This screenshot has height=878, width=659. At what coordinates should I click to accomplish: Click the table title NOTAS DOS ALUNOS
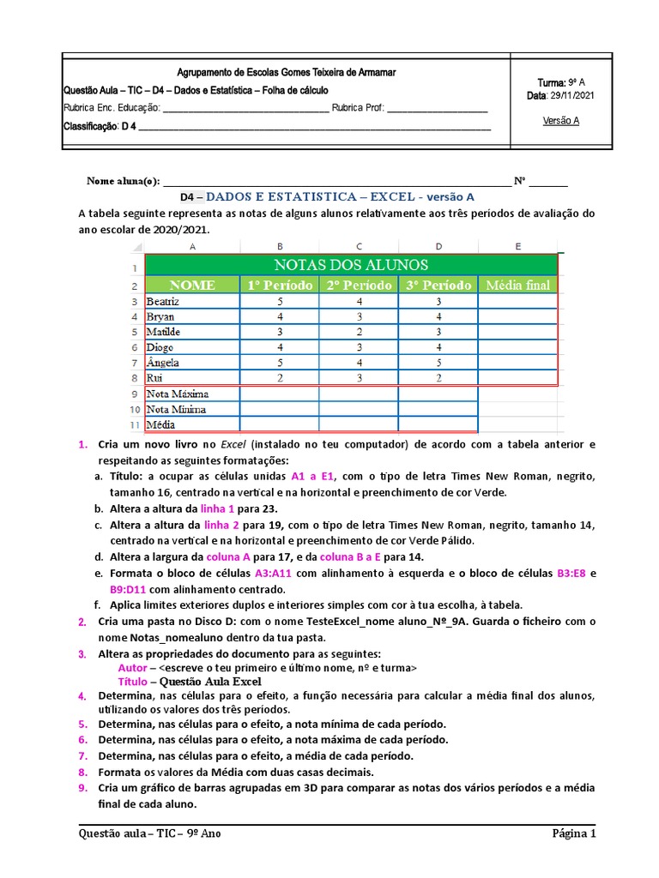pos(351,265)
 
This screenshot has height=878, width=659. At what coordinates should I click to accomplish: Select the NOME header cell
pos(192,285)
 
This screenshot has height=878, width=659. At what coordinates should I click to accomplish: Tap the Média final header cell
pos(517,285)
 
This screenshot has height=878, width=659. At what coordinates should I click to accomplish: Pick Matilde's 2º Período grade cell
pos(359,333)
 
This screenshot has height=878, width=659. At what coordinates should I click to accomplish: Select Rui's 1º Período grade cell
pos(279,378)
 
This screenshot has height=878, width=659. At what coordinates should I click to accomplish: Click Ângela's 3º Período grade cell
pos(438,363)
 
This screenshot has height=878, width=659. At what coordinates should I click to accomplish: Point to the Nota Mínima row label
pos(177,410)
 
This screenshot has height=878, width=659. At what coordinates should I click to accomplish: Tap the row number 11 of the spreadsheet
pos(135,425)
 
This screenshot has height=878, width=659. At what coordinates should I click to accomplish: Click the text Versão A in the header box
pos(561,121)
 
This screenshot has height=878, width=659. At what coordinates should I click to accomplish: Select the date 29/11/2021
pos(571,96)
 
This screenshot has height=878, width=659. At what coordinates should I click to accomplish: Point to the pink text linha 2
pos(220,525)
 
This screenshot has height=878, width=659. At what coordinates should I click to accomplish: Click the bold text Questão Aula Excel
pos(205,681)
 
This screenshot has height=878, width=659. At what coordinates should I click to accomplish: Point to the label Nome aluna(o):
pos(123,181)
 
